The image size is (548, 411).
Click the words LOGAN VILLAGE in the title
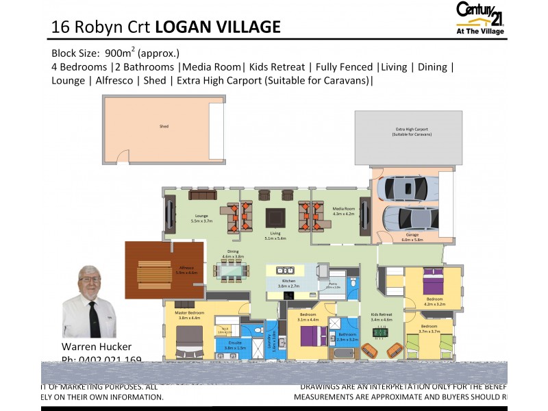218,27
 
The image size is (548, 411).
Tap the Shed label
164,126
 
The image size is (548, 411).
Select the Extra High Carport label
412,132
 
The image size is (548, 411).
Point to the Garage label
412,237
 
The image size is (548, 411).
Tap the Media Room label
343,210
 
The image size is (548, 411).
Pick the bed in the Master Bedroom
189,341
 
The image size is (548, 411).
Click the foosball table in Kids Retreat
380,334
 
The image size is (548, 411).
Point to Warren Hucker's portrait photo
90,301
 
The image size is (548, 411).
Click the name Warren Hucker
96,347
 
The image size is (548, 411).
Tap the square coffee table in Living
276,216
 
